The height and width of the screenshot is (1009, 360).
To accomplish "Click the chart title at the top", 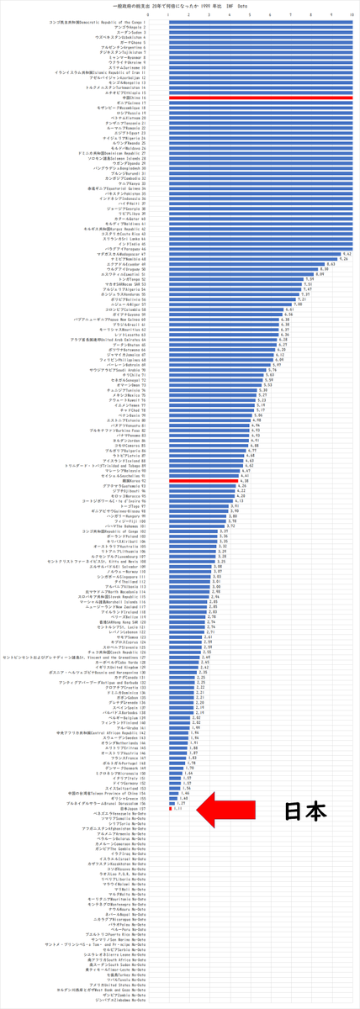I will coord(180,5).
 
